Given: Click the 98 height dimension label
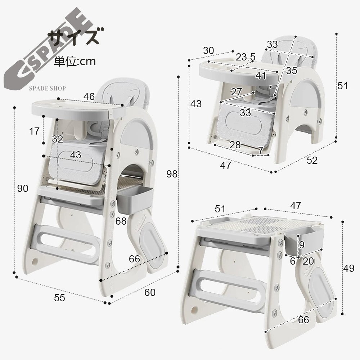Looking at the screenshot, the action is point(172,174).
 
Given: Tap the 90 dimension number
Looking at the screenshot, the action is point(23,189).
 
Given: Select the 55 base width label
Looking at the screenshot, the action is point(59,298).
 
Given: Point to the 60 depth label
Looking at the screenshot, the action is point(150,292).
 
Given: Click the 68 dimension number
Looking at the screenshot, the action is point(121,221).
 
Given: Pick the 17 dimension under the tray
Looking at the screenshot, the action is point(35,131).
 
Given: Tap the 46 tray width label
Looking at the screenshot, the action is point(89,96).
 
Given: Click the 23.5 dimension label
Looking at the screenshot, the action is point(246,57).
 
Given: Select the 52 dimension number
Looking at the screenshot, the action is point(312,160).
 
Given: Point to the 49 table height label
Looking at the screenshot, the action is point(349,268).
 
